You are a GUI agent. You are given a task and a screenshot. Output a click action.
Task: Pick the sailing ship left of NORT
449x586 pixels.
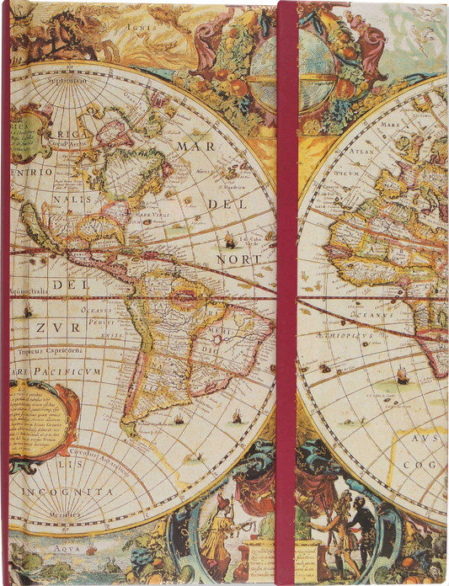click(x=229, y=242)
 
